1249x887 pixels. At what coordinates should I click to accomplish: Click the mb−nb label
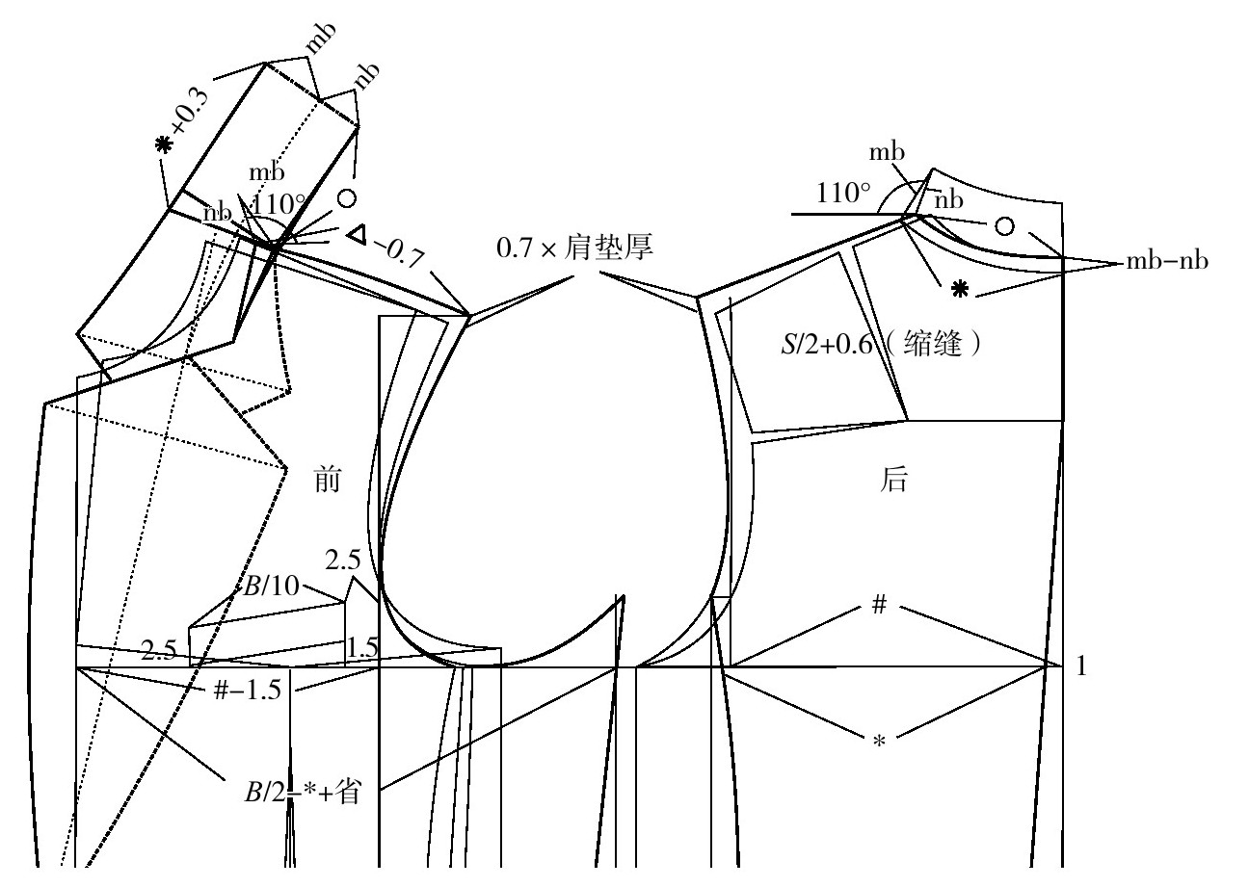1165,261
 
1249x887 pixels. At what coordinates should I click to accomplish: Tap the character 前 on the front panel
329,480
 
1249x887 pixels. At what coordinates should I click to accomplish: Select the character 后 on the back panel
894,480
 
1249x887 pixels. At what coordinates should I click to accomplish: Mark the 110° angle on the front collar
279,204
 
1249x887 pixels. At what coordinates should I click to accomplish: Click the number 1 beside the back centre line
1079,666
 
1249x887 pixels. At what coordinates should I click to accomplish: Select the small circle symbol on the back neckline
1004,225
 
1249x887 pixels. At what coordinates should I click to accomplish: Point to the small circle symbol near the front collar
347,198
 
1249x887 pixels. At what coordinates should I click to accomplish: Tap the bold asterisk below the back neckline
959,288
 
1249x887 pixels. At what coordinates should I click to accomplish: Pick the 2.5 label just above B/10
342,560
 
